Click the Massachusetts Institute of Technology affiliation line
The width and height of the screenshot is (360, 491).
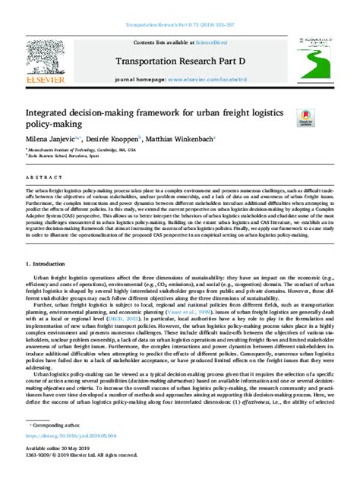tap(83, 150)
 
